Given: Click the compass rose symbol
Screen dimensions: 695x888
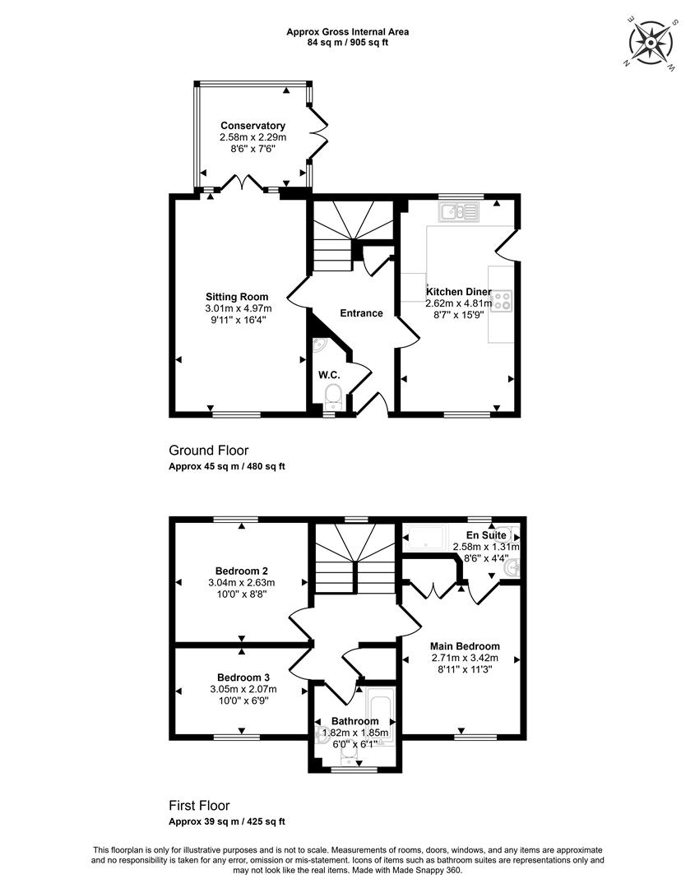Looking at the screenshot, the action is (x=651, y=43).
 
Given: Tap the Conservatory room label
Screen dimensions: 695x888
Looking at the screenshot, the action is (x=253, y=126).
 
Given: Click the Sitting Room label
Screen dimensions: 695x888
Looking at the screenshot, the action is (x=237, y=297).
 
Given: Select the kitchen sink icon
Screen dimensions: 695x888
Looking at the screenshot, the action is (x=458, y=212).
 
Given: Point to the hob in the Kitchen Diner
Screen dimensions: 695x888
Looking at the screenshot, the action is (x=502, y=301).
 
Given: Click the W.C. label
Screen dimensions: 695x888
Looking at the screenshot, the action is (x=329, y=375).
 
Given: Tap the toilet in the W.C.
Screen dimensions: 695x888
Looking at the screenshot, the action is (x=334, y=395).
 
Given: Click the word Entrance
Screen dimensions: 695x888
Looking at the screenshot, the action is (x=361, y=313).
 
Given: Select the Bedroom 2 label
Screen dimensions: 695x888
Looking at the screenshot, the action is (x=241, y=571).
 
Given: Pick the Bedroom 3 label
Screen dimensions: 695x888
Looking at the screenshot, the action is (x=243, y=678).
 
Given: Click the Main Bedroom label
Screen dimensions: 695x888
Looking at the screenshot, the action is (x=465, y=646).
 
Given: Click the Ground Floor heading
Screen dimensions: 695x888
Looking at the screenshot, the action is (x=208, y=451).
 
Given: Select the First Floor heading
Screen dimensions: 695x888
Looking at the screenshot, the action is (x=199, y=805).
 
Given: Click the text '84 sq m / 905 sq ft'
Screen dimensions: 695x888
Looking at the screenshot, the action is (x=347, y=42).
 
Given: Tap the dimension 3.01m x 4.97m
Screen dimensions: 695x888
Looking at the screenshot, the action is (x=239, y=308).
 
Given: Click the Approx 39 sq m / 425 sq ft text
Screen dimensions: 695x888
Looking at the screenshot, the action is (x=226, y=821).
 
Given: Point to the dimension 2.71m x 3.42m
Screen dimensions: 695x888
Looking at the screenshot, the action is (x=465, y=658).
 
